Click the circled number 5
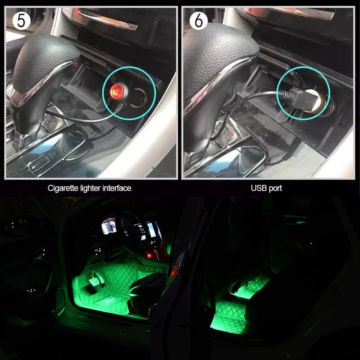21,21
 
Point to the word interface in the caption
118,188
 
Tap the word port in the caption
275,188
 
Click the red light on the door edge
173,272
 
